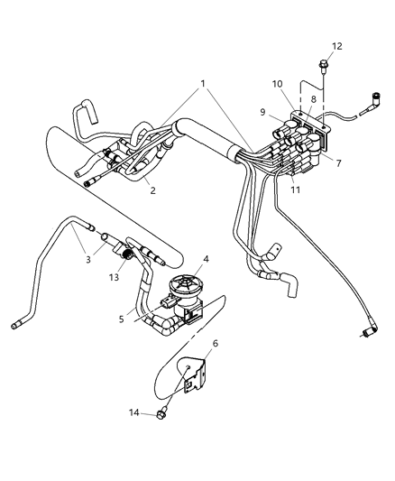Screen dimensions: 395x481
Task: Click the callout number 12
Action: tap(336, 46)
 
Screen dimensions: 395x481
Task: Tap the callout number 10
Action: tap(278, 84)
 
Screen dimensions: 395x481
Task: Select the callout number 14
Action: tap(133, 412)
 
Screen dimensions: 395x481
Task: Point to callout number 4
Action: tap(206, 259)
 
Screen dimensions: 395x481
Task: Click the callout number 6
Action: tap(216, 343)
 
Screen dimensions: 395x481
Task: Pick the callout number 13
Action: tap(114, 277)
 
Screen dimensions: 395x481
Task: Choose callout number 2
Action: tap(153, 190)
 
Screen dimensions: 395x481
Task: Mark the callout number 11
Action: tap(296, 190)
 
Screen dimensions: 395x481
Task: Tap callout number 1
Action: tap(203, 83)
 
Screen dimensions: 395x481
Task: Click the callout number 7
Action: tap(338, 163)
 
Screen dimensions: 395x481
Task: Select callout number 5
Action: tap(122, 319)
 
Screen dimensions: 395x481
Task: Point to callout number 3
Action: tap(88, 260)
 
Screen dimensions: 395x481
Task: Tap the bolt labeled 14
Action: tap(161, 413)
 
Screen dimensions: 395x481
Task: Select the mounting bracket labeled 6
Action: tap(192, 375)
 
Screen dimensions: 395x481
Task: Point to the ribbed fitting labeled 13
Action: tap(127, 254)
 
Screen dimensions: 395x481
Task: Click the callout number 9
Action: tap(262, 112)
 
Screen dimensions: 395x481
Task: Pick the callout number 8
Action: tap(313, 99)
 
